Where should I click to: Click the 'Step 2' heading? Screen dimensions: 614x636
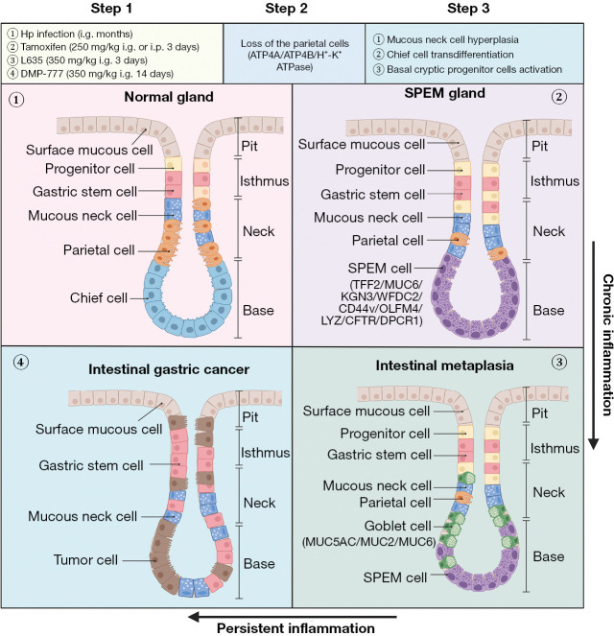[x=286, y=8]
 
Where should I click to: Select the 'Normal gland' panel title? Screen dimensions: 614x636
[x=169, y=97]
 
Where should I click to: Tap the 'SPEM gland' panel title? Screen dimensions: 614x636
[x=444, y=93]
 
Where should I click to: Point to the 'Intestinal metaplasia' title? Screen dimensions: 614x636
[x=444, y=365]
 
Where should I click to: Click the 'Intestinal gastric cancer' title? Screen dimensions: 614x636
[x=169, y=369]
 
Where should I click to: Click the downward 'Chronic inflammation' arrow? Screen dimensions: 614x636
[x=593, y=345]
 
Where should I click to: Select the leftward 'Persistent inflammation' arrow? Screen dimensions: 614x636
[x=292, y=617]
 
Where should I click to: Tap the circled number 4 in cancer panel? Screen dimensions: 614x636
[x=21, y=362]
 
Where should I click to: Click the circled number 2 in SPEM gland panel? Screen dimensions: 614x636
[x=559, y=97]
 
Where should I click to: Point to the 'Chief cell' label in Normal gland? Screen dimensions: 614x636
[x=99, y=297]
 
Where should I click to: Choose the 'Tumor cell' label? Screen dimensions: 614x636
[x=85, y=560]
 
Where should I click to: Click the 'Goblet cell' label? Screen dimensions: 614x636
[x=397, y=526]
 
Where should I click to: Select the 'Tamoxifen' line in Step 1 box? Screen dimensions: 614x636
[x=104, y=47]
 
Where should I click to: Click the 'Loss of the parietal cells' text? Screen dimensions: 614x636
[x=295, y=43]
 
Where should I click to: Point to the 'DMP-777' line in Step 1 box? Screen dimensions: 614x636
[x=91, y=74]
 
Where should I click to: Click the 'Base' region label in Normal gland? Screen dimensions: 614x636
[x=258, y=310]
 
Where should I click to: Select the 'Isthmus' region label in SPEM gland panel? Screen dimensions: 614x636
[x=555, y=181]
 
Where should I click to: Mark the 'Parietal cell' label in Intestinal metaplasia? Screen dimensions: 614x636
[x=395, y=503]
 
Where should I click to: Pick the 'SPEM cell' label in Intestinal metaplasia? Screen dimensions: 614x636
[x=395, y=577]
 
